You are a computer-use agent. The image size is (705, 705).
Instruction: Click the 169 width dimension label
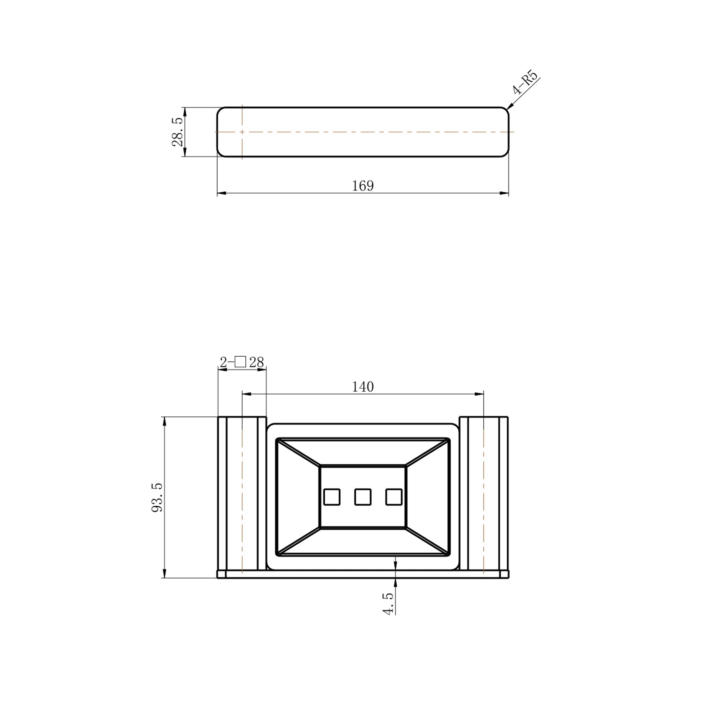coord(363,186)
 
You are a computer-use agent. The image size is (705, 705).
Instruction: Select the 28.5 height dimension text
coord(178,132)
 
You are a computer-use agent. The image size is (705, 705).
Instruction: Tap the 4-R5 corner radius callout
coord(525,82)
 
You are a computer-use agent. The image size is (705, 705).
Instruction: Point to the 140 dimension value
coord(363,387)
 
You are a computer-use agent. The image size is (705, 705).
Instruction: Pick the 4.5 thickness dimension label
coord(388,603)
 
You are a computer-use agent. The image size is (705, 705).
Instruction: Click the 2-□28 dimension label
coord(242,362)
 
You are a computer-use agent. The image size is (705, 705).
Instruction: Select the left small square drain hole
coord(332,497)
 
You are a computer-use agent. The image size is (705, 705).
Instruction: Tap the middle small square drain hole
coord(363,497)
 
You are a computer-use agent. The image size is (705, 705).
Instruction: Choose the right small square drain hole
coord(394,497)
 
